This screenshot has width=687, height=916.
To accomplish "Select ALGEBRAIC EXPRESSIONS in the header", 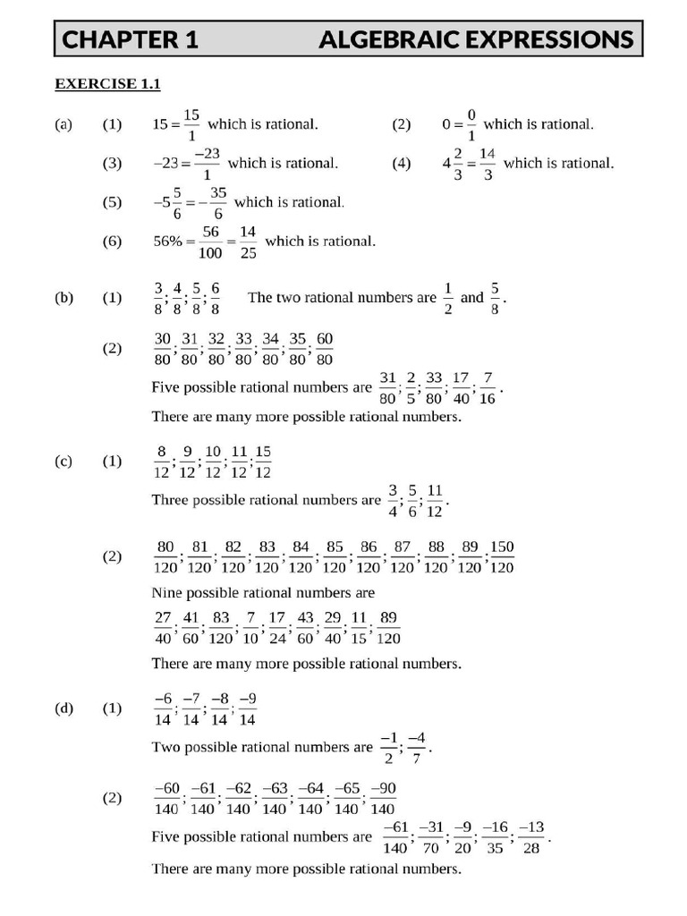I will (x=476, y=39).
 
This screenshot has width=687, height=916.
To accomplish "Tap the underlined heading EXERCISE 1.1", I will (x=107, y=84).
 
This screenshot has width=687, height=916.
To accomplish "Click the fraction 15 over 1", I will (x=191, y=124).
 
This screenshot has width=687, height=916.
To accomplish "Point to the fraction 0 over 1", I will (x=471, y=124).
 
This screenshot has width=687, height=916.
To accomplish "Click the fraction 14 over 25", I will (x=248, y=242).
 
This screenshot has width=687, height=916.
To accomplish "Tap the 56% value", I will (x=170, y=242).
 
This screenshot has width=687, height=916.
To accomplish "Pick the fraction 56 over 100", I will (x=211, y=242).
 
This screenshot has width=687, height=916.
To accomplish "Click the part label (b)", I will (x=64, y=298).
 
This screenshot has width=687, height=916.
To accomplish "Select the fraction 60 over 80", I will (x=325, y=349).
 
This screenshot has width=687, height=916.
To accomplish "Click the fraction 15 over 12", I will (x=263, y=462).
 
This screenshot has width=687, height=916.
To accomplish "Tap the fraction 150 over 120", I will (x=502, y=556).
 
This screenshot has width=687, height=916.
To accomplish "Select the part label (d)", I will (x=64, y=708).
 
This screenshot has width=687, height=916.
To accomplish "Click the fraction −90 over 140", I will (x=382, y=798).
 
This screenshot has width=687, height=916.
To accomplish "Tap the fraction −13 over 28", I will (x=531, y=837).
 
